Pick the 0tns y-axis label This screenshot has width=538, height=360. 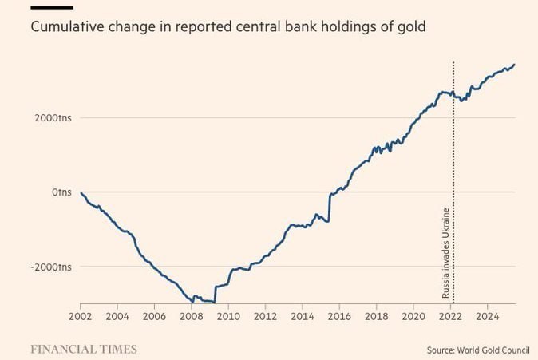click(x=63, y=192)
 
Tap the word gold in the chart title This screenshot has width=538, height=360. click(x=411, y=27)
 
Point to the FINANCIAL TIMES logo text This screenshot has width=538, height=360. click(x=84, y=349)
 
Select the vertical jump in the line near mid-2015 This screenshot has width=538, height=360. click(x=329, y=206)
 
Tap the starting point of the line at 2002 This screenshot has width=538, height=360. click(x=81, y=193)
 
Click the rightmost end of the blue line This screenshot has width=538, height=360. click(x=515, y=65)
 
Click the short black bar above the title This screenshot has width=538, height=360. click(x=52, y=8)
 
